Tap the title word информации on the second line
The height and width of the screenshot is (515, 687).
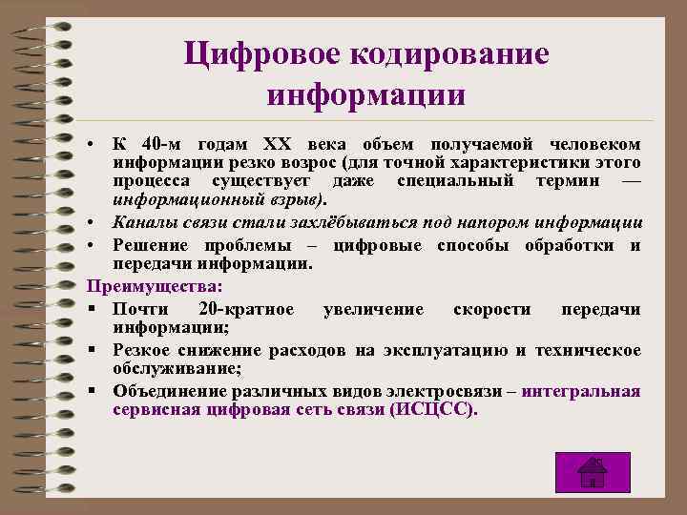(x=366, y=95)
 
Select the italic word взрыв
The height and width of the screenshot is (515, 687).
(x=297, y=201)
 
